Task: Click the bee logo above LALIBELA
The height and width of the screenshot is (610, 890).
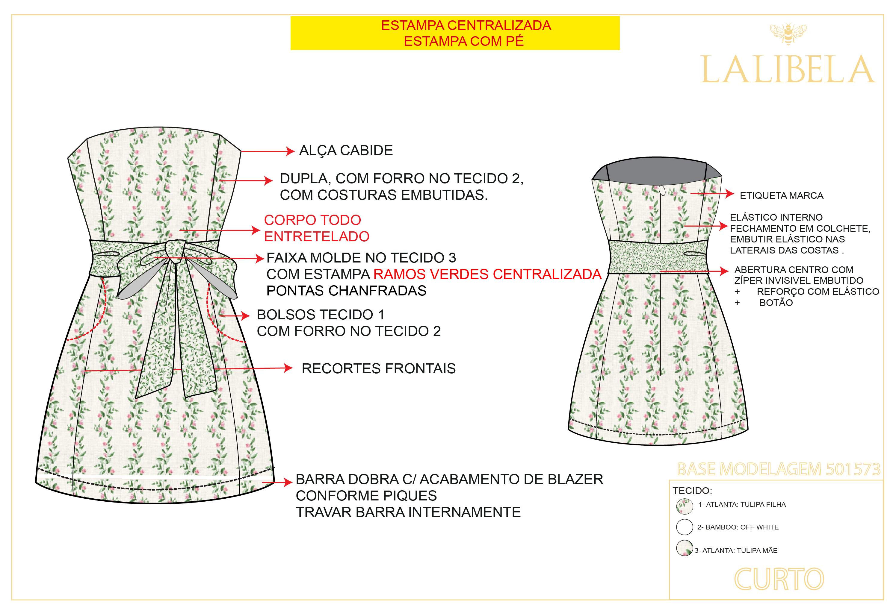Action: [788, 34]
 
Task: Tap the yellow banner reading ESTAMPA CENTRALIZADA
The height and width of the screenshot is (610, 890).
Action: [455, 33]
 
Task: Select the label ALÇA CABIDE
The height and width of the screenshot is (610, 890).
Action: [346, 150]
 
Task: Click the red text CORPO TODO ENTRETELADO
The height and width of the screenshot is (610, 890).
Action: [316, 228]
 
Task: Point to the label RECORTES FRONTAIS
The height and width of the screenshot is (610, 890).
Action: [378, 368]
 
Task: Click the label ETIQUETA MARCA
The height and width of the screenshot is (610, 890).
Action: [781, 195]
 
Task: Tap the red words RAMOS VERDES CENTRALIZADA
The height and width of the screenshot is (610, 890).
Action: [487, 274]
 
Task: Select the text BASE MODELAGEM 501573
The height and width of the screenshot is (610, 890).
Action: [779, 469]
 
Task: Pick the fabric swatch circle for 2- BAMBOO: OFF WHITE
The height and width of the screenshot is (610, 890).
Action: [684, 527]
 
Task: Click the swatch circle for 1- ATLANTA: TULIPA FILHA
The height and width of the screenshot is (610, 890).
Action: [684, 506]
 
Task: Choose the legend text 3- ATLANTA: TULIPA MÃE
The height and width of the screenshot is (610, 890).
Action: [736, 550]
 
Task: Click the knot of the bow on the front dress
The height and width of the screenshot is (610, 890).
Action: [176, 249]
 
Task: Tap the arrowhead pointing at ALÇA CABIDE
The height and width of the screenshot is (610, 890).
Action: [290, 151]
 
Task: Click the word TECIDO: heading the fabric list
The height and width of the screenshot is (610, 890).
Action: [692, 491]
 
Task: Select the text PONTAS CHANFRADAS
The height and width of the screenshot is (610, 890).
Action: [346, 291]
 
